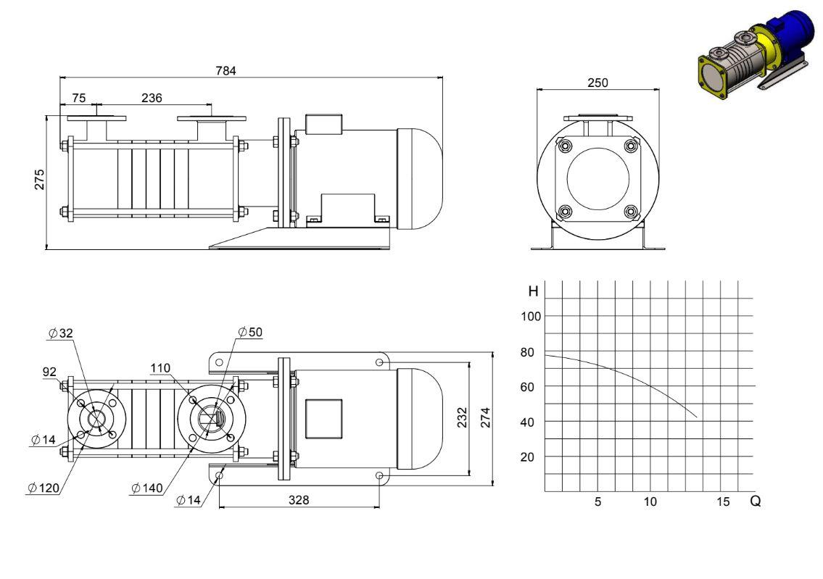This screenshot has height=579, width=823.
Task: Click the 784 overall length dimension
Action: click(226, 70)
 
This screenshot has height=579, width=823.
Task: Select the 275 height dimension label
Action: click(39, 180)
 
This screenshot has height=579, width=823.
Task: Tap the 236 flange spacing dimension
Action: click(152, 98)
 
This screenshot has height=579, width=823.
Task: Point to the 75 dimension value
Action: click(78, 98)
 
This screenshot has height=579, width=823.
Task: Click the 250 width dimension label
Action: click(597, 83)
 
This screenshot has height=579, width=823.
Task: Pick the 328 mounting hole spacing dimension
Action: click(299, 500)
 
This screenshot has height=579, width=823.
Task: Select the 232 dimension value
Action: click(462, 417)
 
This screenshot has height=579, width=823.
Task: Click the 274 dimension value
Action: click(486, 417)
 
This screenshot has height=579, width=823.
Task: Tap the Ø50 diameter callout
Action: click(250, 332)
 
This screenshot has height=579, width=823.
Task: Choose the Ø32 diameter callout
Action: click(60, 333)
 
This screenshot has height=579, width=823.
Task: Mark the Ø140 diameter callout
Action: click(147, 488)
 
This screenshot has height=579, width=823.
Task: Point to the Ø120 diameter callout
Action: click(44, 488)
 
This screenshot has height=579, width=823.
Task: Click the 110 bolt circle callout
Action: click(160, 368)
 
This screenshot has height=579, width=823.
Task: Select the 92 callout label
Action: click(49, 372)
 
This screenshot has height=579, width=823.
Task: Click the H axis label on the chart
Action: click(533, 291)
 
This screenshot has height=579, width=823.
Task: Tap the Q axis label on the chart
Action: click(756, 501)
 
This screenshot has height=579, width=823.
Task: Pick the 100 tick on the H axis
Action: click(531, 316)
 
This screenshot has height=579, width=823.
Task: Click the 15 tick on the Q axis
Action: click(723, 502)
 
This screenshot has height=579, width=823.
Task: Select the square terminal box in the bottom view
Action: click(324, 419)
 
